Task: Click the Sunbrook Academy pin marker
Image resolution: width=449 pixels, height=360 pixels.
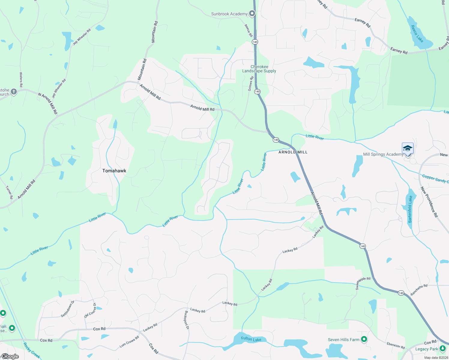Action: tap(252, 13)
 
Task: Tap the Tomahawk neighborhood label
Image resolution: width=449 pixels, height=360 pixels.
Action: tap(114, 171)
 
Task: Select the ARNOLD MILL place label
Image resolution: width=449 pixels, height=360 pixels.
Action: tap(293, 152)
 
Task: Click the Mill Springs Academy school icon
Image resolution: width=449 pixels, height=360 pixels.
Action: tap(408, 148)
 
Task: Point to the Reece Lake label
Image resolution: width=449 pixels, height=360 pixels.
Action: tap(417, 34)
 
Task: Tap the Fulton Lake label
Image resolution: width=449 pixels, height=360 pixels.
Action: tap(251, 339)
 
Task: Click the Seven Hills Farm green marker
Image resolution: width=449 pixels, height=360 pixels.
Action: tap(364, 339)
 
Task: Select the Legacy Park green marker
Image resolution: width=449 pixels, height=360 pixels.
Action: tap(442, 349)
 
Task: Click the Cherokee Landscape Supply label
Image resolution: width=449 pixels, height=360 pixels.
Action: tap(259, 69)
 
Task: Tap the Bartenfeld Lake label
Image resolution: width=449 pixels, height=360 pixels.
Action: tap(410, 209)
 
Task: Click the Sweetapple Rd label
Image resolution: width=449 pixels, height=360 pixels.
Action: tap(363, 283)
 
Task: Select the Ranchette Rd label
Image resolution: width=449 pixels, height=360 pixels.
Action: tap(419, 290)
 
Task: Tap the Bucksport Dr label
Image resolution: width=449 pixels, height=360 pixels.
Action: tap(187, 320)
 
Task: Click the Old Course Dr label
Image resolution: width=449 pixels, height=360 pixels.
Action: tap(90, 310)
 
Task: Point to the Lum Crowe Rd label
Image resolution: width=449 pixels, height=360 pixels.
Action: tap(129, 342)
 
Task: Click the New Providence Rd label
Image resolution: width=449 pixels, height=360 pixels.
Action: tap(429, 202)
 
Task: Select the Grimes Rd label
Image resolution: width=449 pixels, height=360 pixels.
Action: tap(251, 83)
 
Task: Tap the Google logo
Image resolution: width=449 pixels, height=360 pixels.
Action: tap(10, 356)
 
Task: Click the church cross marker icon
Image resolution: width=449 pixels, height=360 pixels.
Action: tap(14, 92)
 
